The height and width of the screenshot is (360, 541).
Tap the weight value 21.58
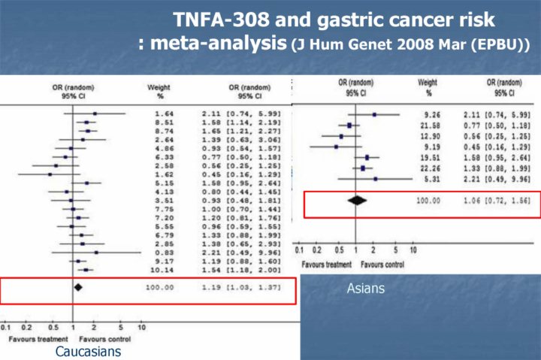pyautogui.click(x=429, y=125)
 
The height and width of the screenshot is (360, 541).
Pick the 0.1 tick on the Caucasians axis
pyautogui.click(x=6, y=328)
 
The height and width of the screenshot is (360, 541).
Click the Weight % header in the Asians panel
pyautogui.click(x=428, y=86)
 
